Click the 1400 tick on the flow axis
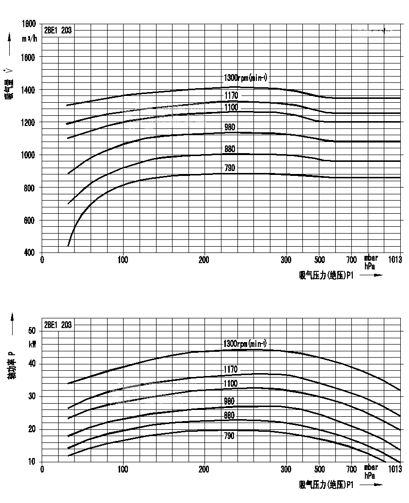[30, 90]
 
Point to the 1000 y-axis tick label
[30, 155]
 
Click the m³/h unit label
[29, 39]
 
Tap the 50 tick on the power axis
[32, 331]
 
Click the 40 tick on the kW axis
[32, 363]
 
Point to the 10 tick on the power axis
[32, 461]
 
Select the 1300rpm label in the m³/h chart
[245, 78]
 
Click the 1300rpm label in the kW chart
[245, 344]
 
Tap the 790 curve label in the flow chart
[230, 168]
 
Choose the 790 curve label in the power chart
[230, 436]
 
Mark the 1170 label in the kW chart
[231, 370]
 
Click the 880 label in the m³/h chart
[230, 149]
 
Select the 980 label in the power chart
[230, 401]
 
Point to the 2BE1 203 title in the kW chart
[58, 325]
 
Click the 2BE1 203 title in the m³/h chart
[58, 30]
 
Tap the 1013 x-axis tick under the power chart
[395, 469]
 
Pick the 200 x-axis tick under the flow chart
[204, 260]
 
